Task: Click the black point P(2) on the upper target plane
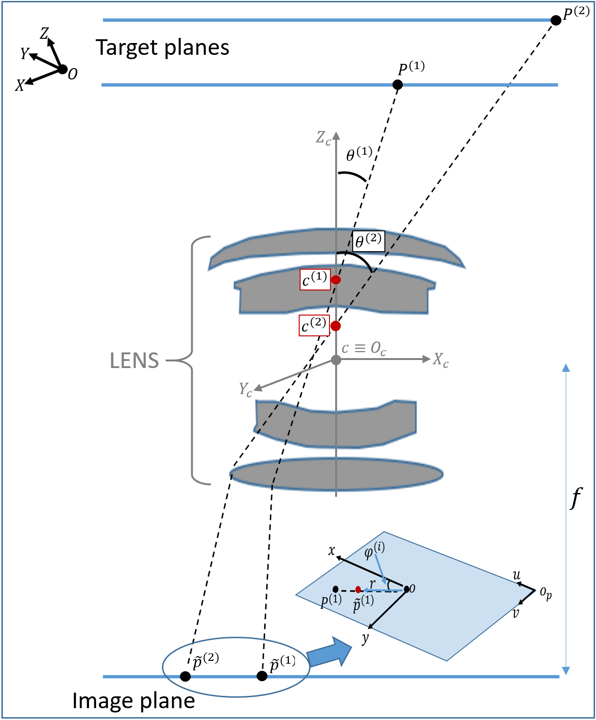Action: (556, 20)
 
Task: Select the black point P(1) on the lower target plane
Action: (398, 85)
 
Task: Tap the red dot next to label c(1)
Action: (336, 280)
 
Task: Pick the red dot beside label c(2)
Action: (336, 325)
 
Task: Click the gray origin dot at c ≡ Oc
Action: (336, 360)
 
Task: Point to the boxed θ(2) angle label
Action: (368, 241)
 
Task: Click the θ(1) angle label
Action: (359, 154)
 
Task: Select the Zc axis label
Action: (323, 138)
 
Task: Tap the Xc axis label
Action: (440, 360)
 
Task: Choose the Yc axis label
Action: (245, 390)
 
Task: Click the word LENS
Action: (134, 361)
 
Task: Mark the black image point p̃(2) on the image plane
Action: (186, 676)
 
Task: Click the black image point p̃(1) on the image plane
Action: (262, 676)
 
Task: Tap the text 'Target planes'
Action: (162, 48)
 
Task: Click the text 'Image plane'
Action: (133, 701)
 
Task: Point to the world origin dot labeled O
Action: (62, 70)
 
